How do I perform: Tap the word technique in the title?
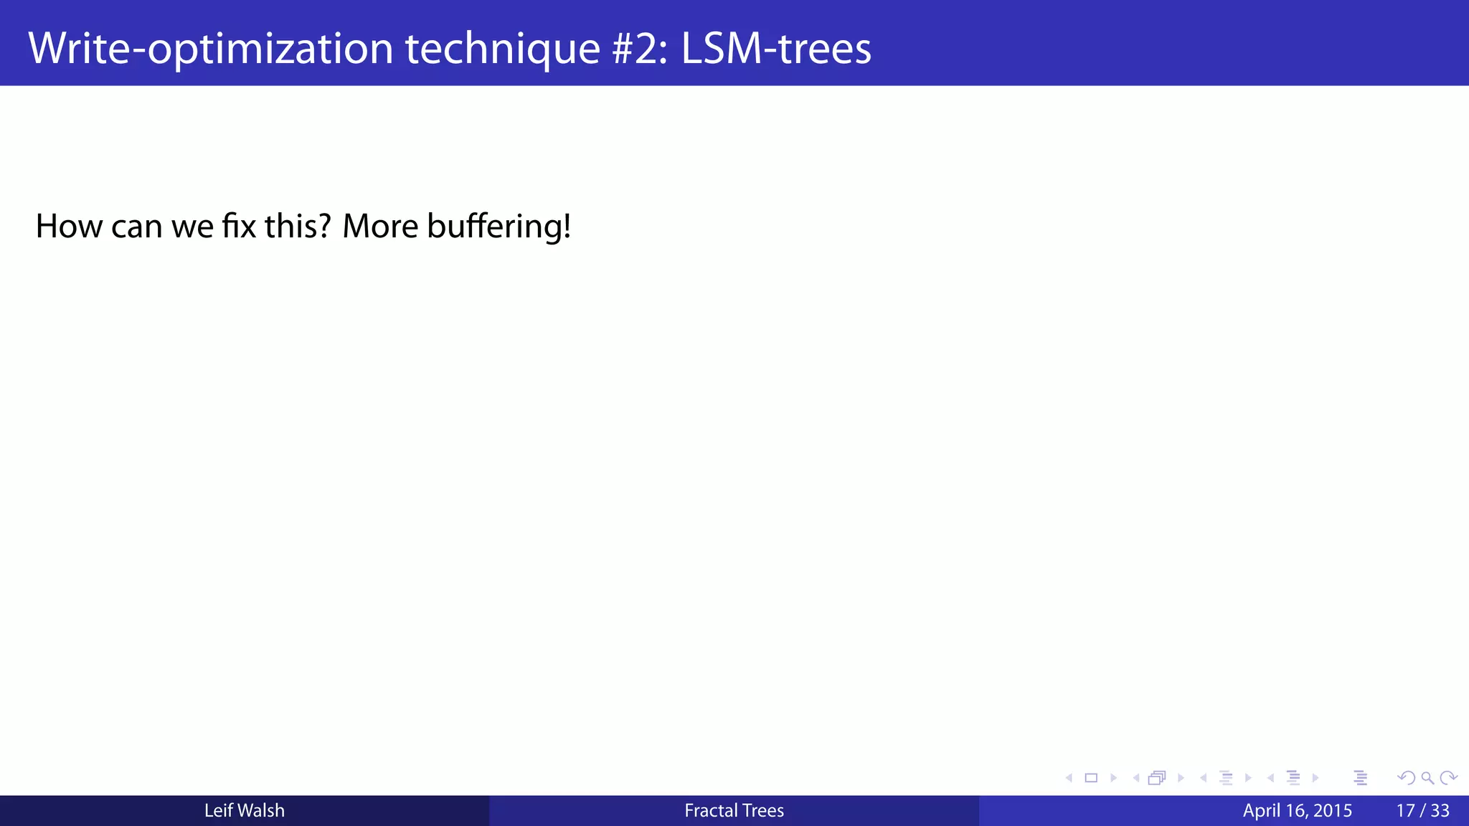(x=502, y=49)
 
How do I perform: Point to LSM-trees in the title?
(x=775, y=49)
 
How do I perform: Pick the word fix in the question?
(x=239, y=227)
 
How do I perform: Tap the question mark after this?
(x=325, y=227)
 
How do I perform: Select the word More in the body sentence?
(x=380, y=227)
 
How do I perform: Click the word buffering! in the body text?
(x=499, y=227)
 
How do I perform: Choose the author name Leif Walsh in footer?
(x=244, y=811)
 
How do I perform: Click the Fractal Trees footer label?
(x=734, y=811)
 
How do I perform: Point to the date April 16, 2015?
(x=1297, y=811)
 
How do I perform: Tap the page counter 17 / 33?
(x=1422, y=811)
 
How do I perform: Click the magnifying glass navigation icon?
(x=1427, y=778)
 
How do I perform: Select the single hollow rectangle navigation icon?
(x=1091, y=778)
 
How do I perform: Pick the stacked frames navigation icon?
(x=1157, y=778)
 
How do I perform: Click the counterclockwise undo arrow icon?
(x=1407, y=778)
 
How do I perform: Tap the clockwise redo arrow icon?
(x=1448, y=778)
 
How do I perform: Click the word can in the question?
(x=136, y=227)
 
